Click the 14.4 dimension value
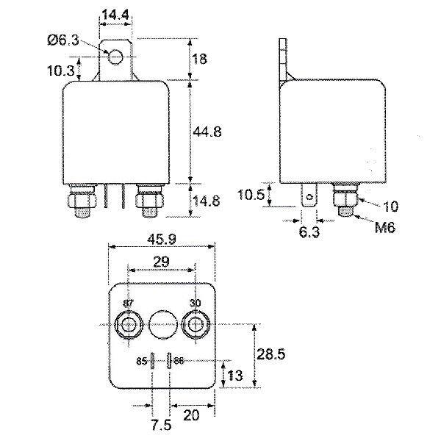115,15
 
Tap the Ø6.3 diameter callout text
63,40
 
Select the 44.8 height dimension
207,132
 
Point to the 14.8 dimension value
207,201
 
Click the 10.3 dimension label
61,71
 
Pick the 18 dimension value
200,59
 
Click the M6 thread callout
385,227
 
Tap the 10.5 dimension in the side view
251,194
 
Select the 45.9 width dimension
162,239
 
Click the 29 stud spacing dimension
162,262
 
